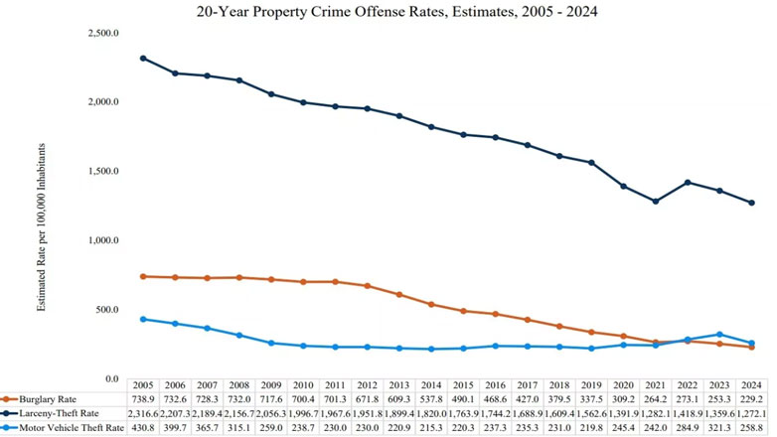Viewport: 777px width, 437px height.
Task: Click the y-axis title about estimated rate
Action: point(42,231)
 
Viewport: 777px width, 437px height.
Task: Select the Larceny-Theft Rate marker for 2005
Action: point(143,58)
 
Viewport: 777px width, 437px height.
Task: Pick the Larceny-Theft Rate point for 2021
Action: point(655,202)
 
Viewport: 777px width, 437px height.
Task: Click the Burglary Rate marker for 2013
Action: point(399,295)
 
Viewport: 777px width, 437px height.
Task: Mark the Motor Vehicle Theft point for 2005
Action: point(143,319)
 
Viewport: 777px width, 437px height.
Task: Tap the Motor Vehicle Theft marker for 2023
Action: point(719,335)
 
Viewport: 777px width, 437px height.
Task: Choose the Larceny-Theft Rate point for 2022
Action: point(688,183)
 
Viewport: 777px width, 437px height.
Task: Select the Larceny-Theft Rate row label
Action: point(59,412)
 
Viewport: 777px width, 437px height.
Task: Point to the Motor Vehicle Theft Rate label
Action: point(67,427)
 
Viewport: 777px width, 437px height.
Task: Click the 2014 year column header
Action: point(431,383)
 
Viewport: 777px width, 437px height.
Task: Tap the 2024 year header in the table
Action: point(751,383)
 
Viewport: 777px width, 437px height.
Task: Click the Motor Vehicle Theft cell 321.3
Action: point(719,427)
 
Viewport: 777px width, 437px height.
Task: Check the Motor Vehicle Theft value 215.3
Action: point(431,427)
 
